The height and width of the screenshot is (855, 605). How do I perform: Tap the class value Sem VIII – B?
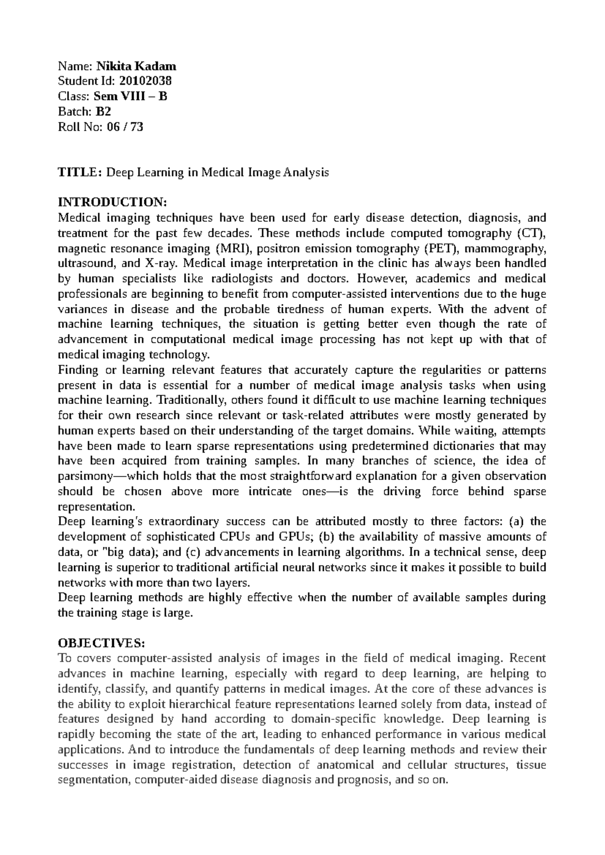pos(134,96)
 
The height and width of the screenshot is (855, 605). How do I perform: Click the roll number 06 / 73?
pos(125,127)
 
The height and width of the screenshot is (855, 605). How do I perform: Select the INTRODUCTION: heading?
pos(111,203)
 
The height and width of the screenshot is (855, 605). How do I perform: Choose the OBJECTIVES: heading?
pos(101,643)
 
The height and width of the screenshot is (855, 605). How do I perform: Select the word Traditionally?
pos(188,400)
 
